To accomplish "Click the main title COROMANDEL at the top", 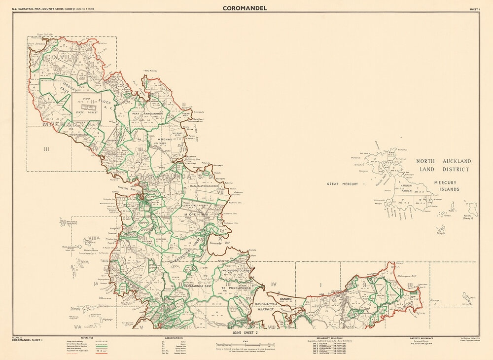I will pyautogui.click(x=245, y=8).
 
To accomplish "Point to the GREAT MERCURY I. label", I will pyautogui.click(x=345, y=183).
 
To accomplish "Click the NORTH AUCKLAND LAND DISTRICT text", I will pyautogui.click(x=443, y=165).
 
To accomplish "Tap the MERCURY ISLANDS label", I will pyautogui.click(x=446, y=185).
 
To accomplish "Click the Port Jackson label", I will pyautogui.click(x=37, y=43).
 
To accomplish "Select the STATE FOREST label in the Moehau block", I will pyautogui.click(x=86, y=112).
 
